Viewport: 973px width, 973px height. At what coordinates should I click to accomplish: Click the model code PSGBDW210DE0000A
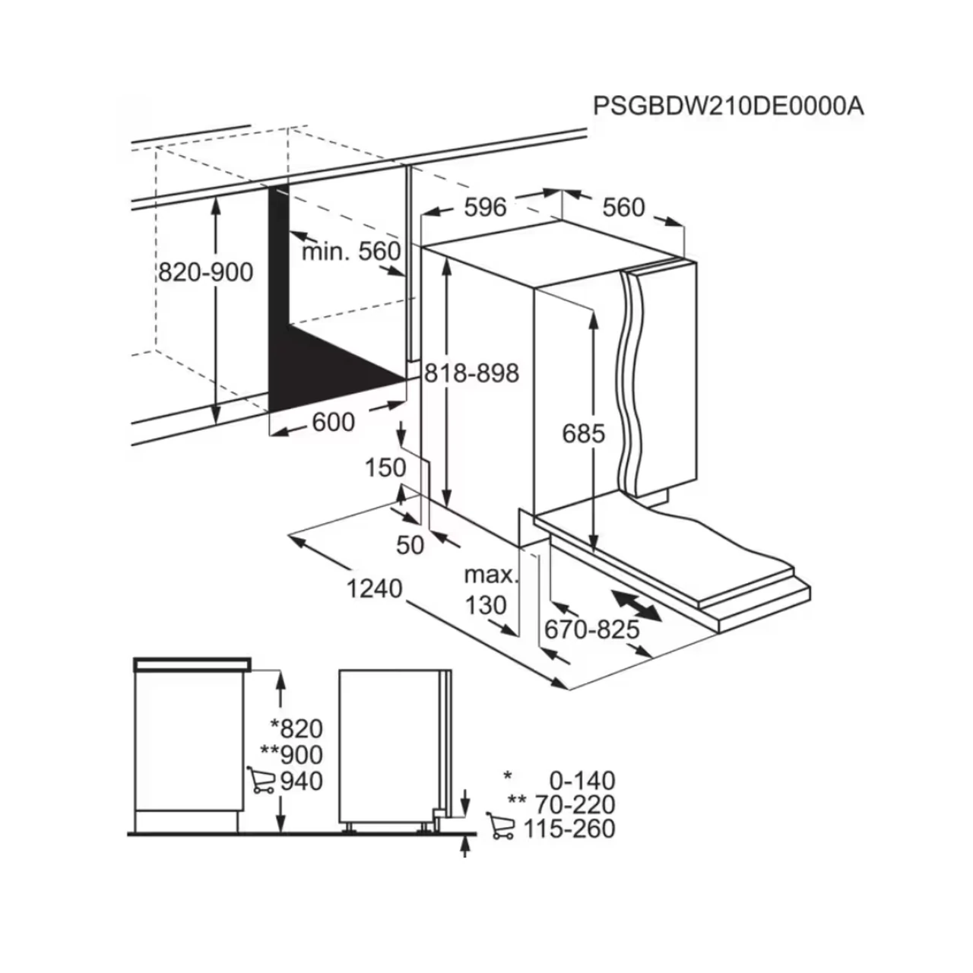click(x=728, y=106)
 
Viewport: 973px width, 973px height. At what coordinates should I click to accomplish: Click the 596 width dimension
click(x=485, y=207)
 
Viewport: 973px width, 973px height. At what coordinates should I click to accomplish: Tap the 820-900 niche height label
click(x=205, y=272)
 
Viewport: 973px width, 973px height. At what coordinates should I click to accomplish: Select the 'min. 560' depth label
click(x=351, y=251)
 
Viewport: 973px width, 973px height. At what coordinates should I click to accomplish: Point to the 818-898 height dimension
click(x=471, y=373)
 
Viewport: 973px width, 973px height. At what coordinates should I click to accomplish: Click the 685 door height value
click(x=583, y=433)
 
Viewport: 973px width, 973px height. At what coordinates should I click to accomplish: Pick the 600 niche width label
click(x=333, y=422)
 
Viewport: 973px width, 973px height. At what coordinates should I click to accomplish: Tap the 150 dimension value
click(x=385, y=467)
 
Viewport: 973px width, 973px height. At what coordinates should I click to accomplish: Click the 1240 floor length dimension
click(x=374, y=589)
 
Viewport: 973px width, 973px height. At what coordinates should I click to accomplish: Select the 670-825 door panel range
click(x=591, y=629)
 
